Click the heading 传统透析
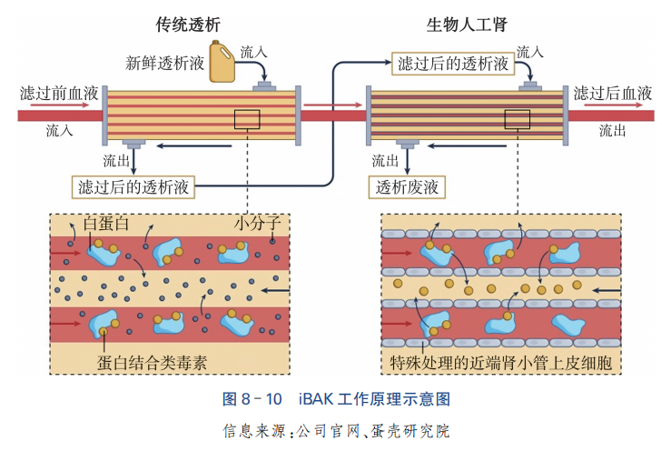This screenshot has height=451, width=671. pyautogui.click(x=188, y=24)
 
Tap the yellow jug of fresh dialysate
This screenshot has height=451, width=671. pyautogui.click(x=222, y=63)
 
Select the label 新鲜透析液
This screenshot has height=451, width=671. pyautogui.click(x=164, y=64)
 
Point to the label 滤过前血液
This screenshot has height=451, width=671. pyautogui.click(x=60, y=93)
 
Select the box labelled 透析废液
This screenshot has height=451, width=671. pyautogui.click(x=408, y=187)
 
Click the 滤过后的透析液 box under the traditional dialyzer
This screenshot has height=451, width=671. pyautogui.click(x=133, y=187)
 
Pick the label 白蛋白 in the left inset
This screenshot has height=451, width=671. pyautogui.click(x=106, y=224)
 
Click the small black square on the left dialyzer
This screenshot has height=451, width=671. pyautogui.click(x=246, y=120)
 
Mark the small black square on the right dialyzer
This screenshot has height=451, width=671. pyautogui.click(x=518, y=120)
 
